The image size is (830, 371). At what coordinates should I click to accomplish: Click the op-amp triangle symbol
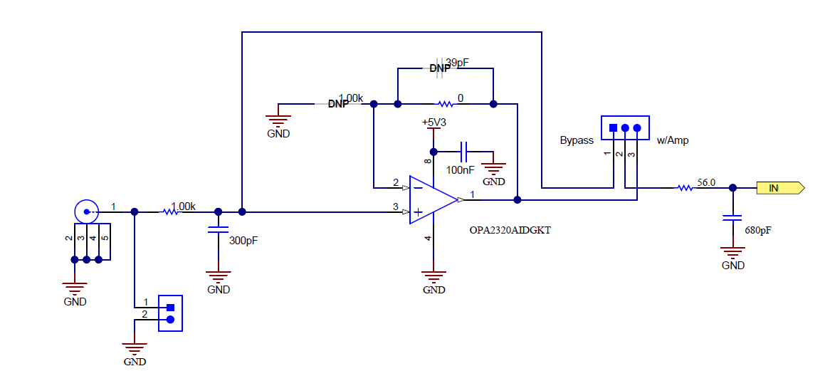(431, 200)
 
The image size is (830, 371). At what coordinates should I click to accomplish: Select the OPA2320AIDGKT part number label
(510, 230)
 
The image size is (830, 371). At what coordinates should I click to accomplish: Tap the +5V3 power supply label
(434, 122)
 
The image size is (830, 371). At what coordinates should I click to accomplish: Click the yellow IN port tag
(780, 188)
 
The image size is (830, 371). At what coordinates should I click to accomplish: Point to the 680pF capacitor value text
(757, 231)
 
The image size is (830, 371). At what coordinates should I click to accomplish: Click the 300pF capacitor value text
(243, 241)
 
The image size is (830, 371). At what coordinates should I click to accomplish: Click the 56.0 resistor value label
(706, 182)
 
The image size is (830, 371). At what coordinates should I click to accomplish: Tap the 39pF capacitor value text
(457, 63)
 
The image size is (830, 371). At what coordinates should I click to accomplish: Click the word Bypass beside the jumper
(577, 140)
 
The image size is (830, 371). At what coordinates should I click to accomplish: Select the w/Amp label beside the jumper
(672, 140)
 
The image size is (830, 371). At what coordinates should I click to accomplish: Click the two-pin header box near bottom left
(170, 313)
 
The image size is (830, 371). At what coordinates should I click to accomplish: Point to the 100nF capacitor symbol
(464, 151)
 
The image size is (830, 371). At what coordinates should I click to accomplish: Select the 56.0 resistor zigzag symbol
(684, 188)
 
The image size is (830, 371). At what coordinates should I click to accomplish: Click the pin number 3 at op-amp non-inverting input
(396, 207)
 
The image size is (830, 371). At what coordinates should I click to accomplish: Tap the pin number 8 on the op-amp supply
(428, 162)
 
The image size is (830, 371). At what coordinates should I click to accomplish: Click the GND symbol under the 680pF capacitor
(732, 252)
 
